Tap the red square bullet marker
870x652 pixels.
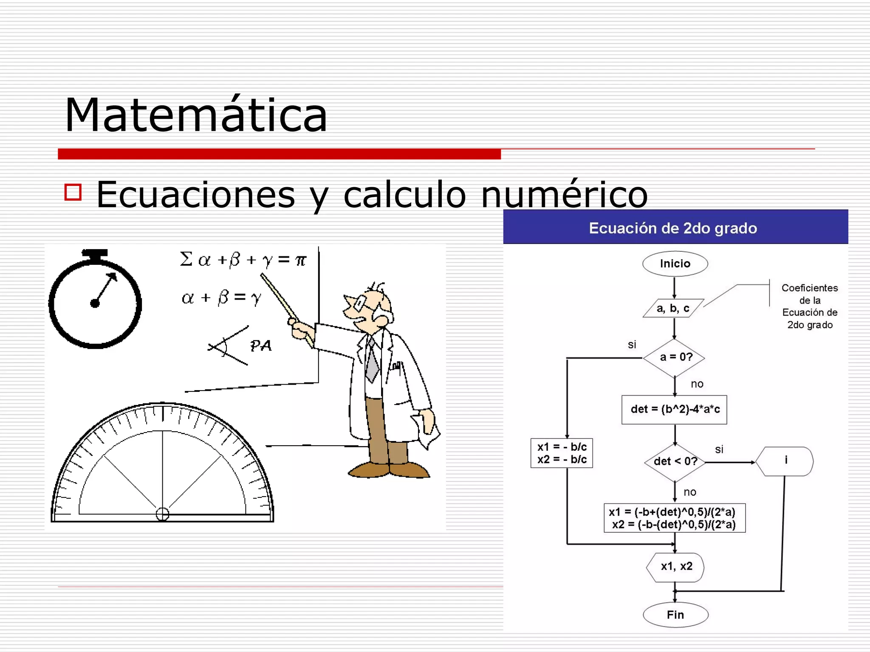point(73,192)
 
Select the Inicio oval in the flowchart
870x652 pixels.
point(675,264)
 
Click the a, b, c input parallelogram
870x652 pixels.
point(673,308)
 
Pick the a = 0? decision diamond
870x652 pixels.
point(675,357)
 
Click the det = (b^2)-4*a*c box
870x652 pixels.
point(675,409)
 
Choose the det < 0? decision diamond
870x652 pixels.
point(675,461)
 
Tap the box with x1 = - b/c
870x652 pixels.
point(562,453)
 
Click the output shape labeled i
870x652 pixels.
point(785,461)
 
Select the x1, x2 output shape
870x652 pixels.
point(676,566)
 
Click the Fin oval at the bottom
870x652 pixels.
point(675,615)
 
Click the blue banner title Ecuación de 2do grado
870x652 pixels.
point(673,228)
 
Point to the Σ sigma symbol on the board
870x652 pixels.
point(186,259)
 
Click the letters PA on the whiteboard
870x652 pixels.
point(260,346)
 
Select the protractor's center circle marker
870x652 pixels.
point(162,514)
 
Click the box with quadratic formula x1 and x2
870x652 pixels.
point(674,518)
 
